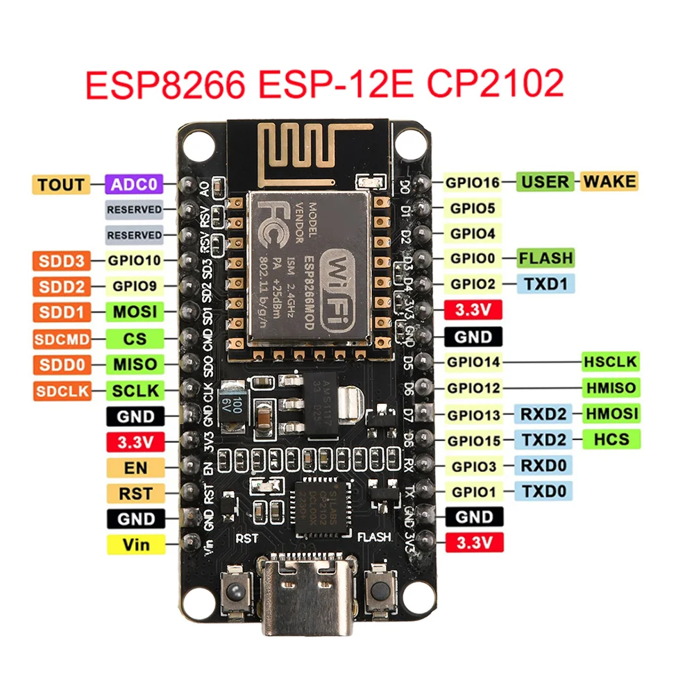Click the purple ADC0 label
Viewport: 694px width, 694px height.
133,185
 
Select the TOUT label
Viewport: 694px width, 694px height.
61,185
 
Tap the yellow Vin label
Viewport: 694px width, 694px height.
136,544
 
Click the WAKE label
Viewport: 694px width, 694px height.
609,182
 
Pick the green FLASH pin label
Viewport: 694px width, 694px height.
546,258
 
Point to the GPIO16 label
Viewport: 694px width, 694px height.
473,183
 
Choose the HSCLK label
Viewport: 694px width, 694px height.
610,362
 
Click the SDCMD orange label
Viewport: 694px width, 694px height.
61,339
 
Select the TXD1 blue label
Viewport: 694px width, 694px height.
545,284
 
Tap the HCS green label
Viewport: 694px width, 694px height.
611,439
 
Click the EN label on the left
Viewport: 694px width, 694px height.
136,467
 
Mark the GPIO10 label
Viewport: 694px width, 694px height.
133,262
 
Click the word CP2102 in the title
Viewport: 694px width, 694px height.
494,85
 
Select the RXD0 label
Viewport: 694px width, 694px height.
543,466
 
